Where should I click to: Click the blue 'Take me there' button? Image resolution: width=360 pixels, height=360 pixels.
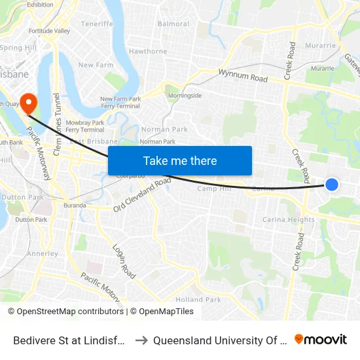pos(180,160)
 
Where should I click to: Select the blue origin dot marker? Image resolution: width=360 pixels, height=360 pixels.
pos(332,185)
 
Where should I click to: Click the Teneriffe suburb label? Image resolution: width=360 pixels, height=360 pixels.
pos(97,24)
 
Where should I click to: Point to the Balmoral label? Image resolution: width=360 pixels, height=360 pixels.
pos(173,24)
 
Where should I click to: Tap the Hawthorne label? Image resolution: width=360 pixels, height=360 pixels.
pos(148,51)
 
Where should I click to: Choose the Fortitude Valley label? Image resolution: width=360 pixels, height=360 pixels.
pos(49,31)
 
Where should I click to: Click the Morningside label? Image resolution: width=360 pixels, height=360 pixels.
pos(185,96)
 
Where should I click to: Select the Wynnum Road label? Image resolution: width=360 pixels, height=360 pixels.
pos(243,76)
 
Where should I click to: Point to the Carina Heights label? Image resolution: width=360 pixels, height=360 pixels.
pos(288,220)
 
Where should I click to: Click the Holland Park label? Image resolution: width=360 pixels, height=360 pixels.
pos(198,299)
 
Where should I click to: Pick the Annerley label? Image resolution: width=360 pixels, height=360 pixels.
pos(43,253)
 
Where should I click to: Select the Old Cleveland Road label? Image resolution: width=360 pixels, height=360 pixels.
pos(142,194)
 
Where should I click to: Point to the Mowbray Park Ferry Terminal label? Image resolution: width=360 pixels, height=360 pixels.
pos(85,126)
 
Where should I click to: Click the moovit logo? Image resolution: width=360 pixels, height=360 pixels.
pos(321,340)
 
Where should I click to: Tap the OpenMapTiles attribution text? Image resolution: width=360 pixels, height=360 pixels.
pos(162,312)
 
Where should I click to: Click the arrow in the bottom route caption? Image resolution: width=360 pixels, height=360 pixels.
pos(140,340)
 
